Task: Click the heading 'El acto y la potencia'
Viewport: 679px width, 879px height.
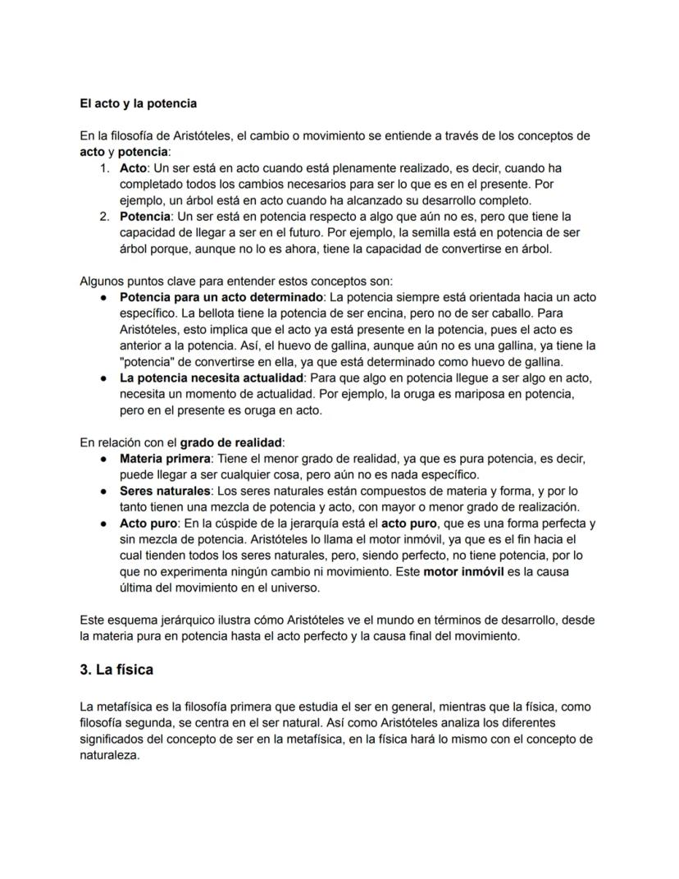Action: tap(138, 104)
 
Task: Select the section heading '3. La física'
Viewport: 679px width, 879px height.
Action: tap(116, 669)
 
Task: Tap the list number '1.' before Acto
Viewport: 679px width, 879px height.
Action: tap(104, 168)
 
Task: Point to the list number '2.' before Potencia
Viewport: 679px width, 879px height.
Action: tap(104, 216)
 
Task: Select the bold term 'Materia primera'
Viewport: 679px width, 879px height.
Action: tap(164, 457)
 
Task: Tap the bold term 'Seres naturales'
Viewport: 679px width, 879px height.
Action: tap(162, 490)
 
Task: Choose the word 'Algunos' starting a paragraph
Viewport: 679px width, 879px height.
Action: tap(102, 281)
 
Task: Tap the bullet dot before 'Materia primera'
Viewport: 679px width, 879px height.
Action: tap(104, 458)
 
